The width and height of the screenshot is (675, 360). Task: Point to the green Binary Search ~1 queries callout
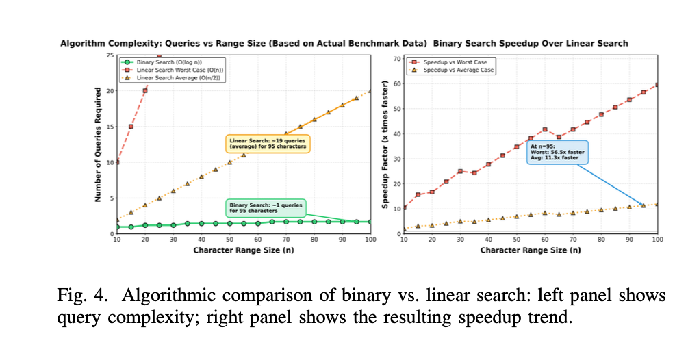tap(266, 207)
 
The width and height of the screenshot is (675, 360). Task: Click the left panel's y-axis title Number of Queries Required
tap(98, 144)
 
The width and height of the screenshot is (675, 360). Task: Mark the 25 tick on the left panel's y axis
tap(110, 55)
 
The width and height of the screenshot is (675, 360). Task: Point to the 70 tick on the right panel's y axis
tap(397, 59)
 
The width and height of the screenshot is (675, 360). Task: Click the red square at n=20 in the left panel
tap(144, 91)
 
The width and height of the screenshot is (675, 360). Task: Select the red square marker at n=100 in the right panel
tap(657, 85)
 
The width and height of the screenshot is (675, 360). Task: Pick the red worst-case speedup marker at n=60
tap(544, 129)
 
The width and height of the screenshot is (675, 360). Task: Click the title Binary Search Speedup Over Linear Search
tap(531, 44)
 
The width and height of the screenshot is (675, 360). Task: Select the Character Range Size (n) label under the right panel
tap(531, 250)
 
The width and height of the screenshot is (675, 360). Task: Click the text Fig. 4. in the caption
tap(76, 296)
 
